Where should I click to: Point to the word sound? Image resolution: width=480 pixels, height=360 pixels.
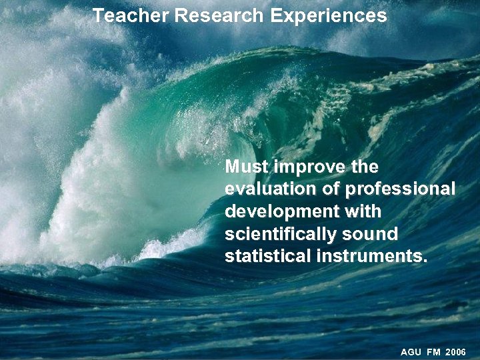click(371, 234)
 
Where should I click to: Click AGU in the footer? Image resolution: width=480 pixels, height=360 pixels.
click(411, 351)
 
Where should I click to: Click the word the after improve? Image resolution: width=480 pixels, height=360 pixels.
click(363, 166)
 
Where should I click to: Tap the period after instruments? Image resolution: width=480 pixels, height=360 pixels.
click(425, 261)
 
